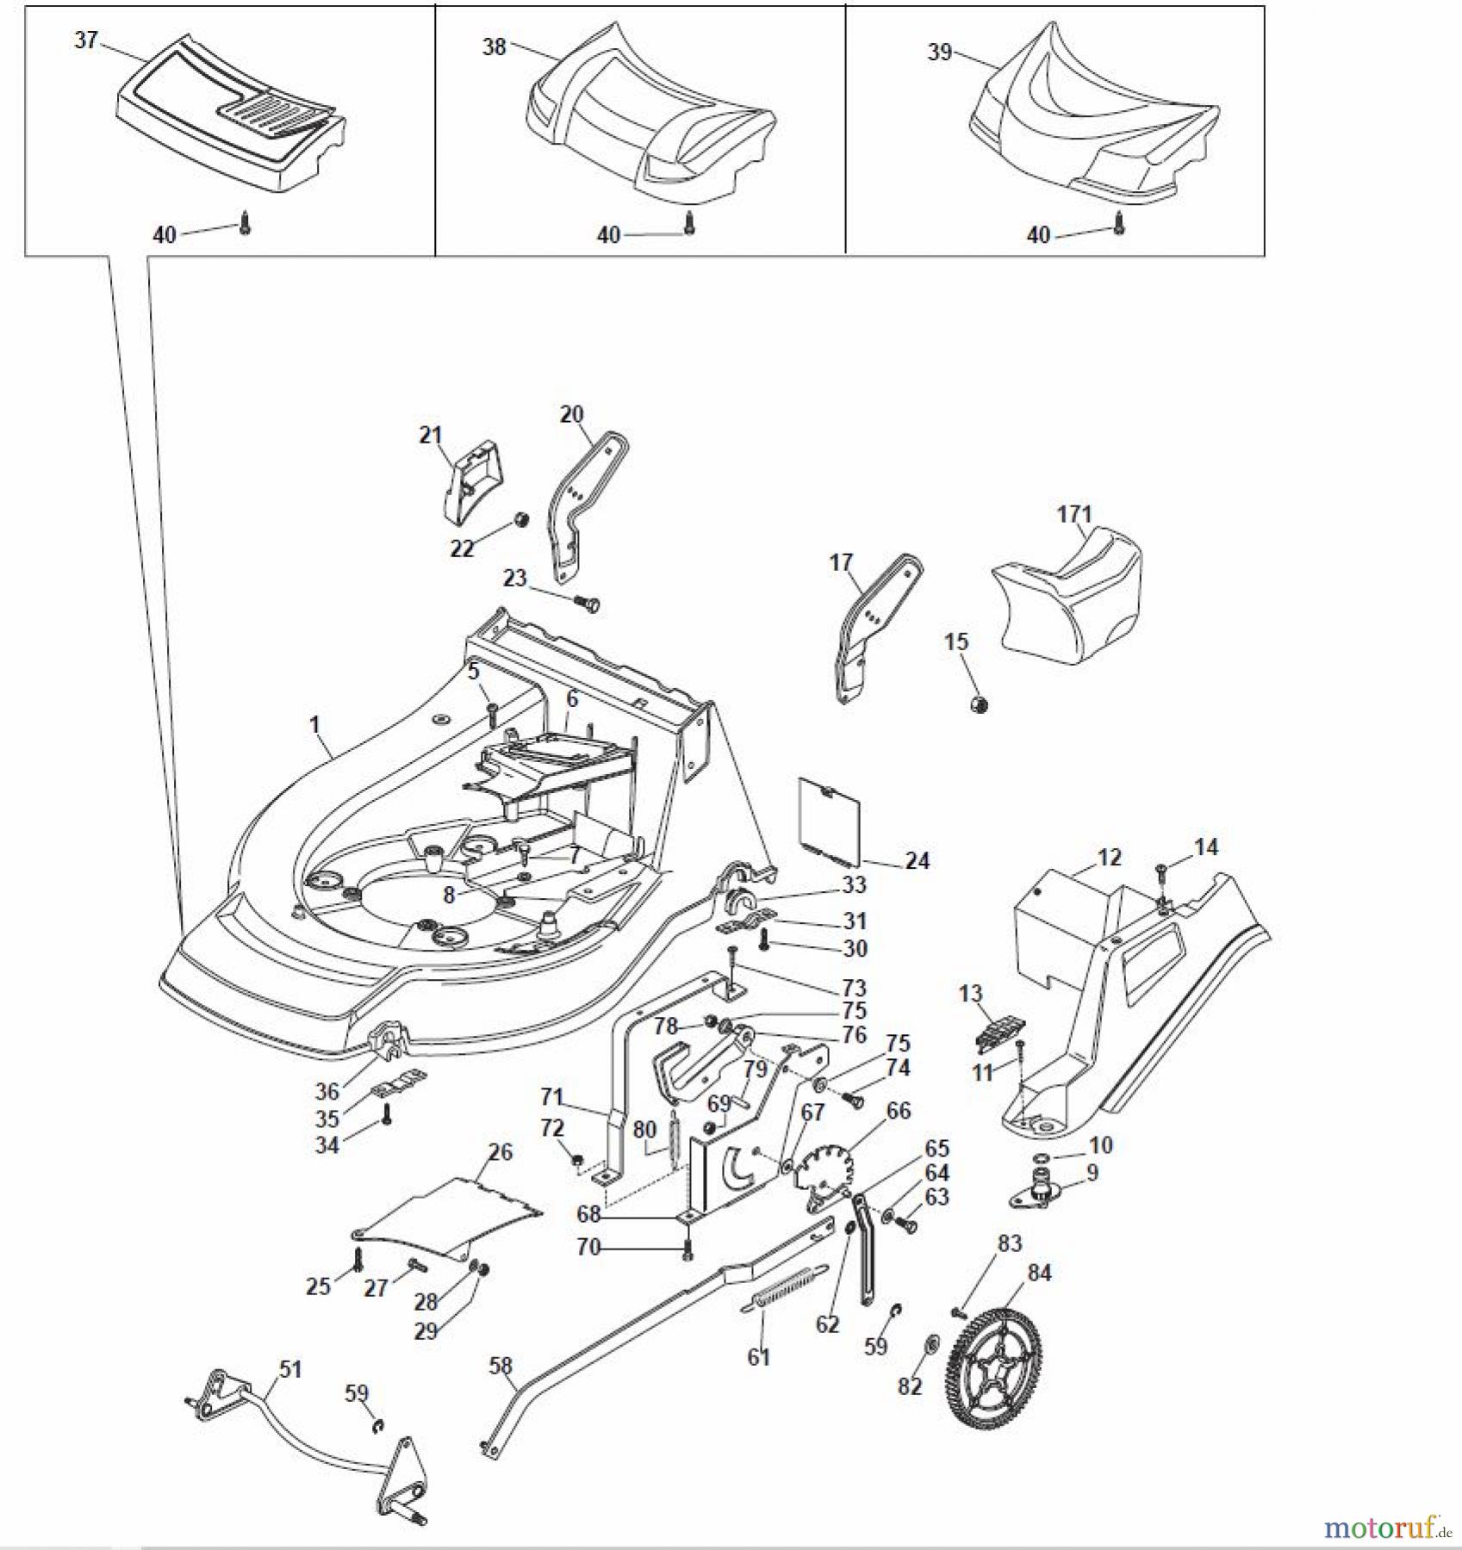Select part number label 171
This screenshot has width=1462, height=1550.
pyautogui.click(x=1073, y=514)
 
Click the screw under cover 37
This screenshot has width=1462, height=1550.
pyautogui.click(x=246, y=226)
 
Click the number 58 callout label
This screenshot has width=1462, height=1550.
pyautogui.click(x=500, y=1366)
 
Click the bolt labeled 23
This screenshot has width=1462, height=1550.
pyautogui.click(x=588, y=604)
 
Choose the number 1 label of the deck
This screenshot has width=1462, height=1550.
pyautogui.click(x=314, y=724)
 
